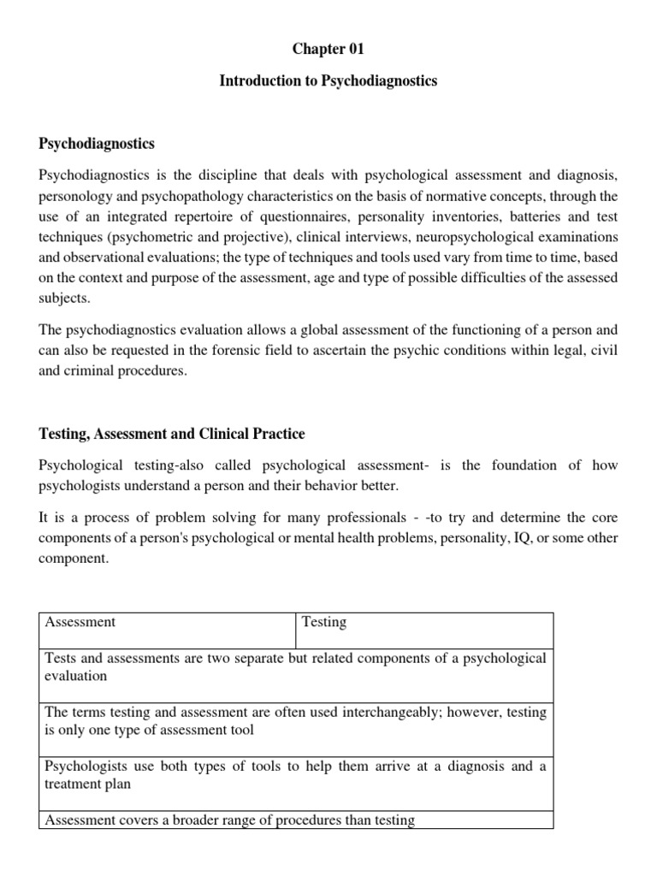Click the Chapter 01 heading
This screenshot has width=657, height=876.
[x=328, y=49]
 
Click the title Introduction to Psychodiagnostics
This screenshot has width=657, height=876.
[x=328, y=81]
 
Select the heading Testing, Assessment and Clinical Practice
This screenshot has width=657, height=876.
[x=172, y=434]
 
